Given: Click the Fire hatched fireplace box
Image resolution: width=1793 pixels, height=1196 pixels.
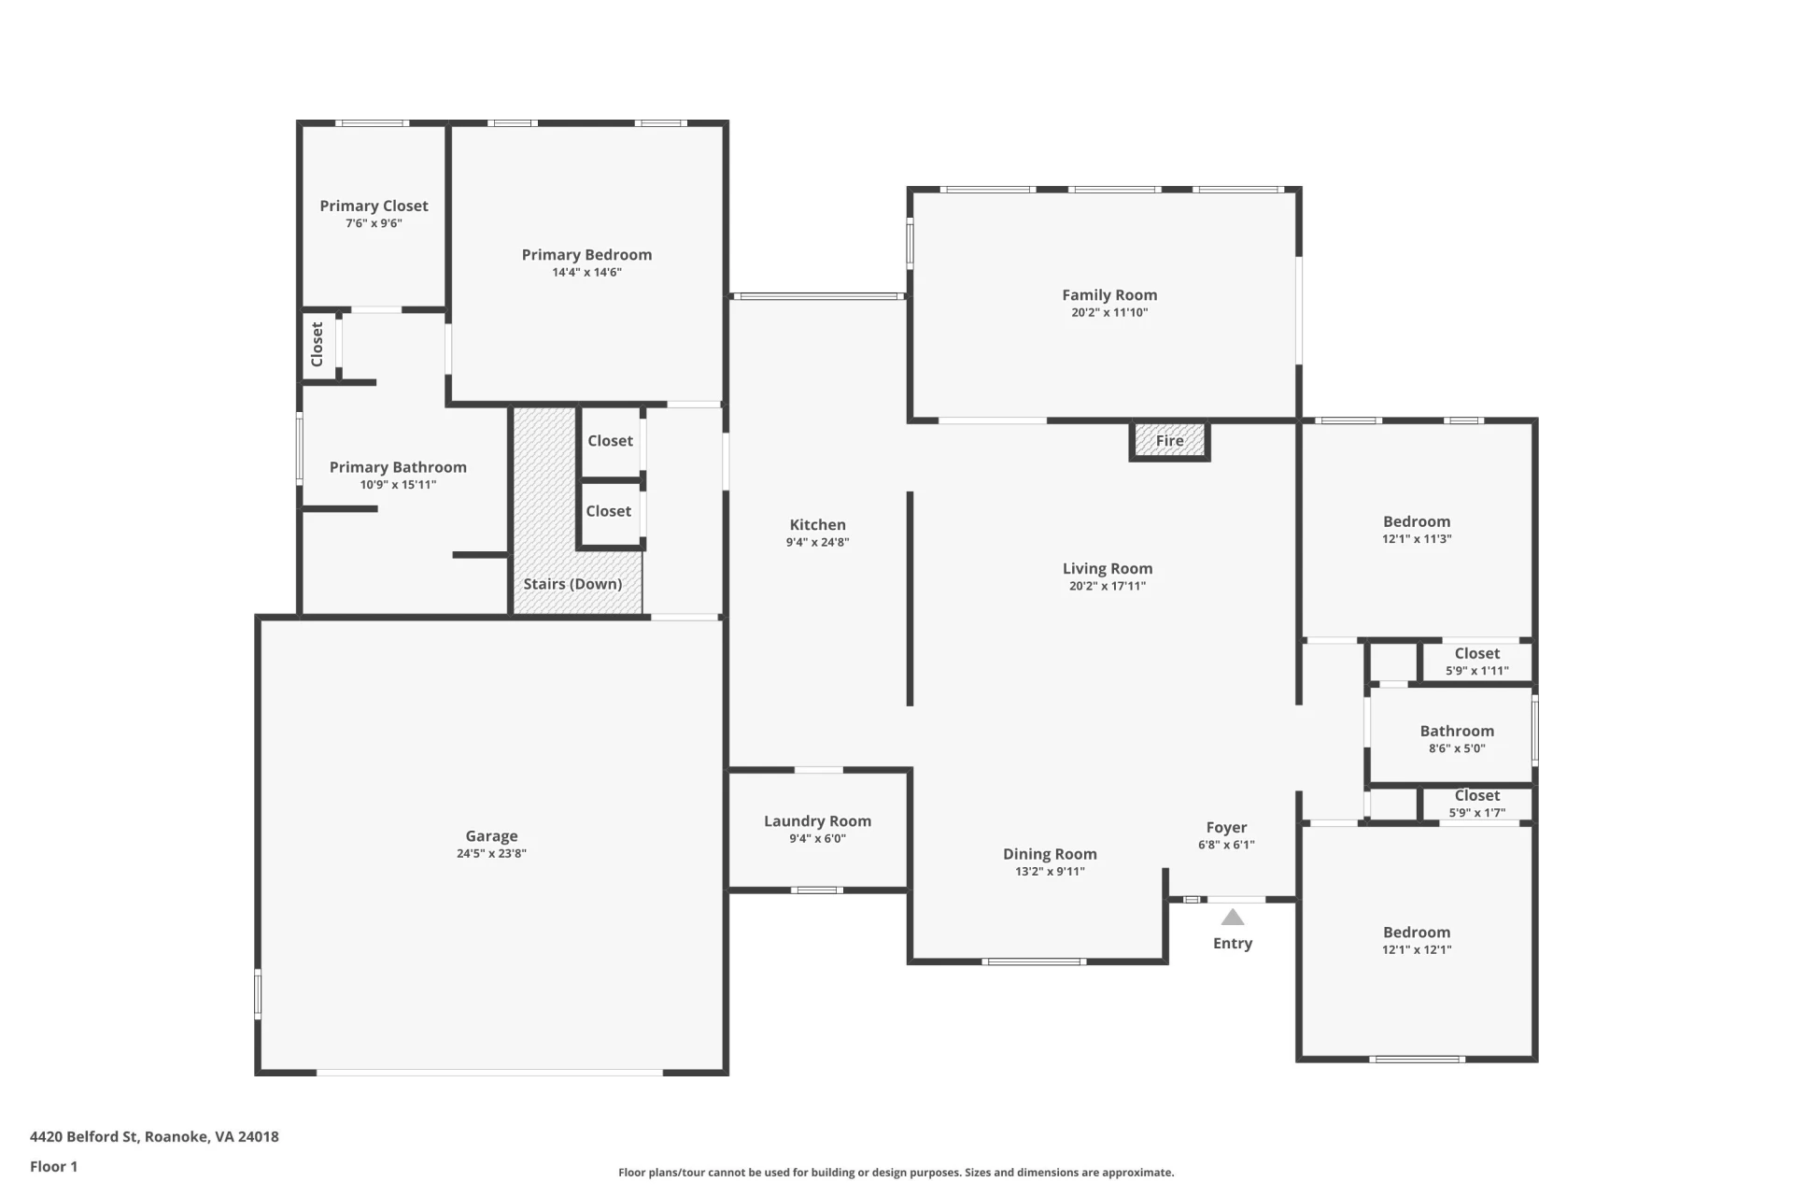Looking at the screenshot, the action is [1169, 440].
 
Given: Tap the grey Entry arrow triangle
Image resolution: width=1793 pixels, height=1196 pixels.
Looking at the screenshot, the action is [1233, 917].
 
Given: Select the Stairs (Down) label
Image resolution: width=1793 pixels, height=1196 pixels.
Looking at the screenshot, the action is [572, 584].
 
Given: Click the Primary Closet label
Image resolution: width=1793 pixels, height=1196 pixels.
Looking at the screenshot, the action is [374, 206].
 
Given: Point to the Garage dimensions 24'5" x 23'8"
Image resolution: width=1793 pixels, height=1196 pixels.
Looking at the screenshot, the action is [491, 853].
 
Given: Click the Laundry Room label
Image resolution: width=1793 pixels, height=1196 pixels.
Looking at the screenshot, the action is [817, 821].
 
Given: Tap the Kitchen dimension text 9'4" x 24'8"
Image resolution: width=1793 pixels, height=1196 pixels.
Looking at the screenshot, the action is [817, 542].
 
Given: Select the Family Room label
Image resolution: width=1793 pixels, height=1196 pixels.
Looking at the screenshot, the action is [1109, 295].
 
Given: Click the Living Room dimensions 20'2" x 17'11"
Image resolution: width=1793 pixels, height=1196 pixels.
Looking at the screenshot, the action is [1108, 586].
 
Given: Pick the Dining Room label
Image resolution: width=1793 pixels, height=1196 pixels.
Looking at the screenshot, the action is [1050, 854].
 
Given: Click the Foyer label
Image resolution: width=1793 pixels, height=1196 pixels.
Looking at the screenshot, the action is [1226, 828].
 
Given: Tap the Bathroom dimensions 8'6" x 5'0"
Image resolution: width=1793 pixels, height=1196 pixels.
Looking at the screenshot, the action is [1457, 747].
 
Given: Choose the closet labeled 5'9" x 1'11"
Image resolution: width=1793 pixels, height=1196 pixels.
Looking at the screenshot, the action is [1476, 661].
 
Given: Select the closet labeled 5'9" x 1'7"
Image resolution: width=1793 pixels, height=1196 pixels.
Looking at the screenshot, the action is [1476, 804].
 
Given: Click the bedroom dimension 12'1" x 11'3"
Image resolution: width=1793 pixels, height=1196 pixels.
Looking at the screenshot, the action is [1417, 539].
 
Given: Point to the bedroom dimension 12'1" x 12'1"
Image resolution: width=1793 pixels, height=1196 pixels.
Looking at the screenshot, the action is [1417, 949].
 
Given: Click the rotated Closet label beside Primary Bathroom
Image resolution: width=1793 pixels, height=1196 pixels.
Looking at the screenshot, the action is [317, 345].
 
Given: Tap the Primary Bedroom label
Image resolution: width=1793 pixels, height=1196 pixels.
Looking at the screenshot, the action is [586, 255].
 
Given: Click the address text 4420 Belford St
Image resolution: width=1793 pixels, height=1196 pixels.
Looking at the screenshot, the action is [85, 1136].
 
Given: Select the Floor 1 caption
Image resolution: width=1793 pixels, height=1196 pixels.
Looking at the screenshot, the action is [53, 1166].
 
